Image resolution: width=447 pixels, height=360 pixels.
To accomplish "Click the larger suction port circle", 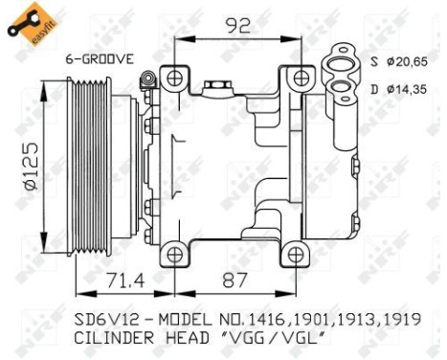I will click(341, 62).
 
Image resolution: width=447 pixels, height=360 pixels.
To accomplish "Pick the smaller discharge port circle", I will click(341, 90).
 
